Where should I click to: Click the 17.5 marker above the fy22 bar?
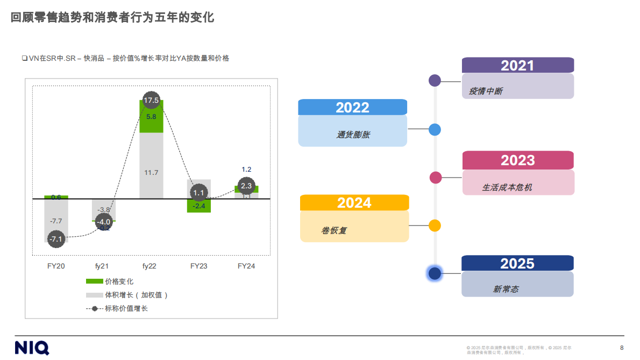(x=152, y=101)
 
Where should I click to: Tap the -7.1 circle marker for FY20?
(x=56, y=238)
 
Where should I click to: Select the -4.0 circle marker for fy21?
(x=103, y=222)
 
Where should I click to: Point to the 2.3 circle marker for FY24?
(x=246, y=186)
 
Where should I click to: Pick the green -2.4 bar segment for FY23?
(x=199, y=206)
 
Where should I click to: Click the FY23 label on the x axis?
(x=199, y=266)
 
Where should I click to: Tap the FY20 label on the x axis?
(x=56, y=266)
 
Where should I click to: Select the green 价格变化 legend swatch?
(x=94, y=281)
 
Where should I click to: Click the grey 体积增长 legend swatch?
(x=94, y=295)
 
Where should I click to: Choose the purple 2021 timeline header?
(x=517, y=65)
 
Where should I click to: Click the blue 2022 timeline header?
(x=352, y=107)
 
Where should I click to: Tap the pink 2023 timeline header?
(x=518, y=160)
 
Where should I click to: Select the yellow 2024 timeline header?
(x=354, y=202)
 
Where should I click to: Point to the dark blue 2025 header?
(x=517, y=263)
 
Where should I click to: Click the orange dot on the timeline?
(x=435, y=225)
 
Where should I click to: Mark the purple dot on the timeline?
(x=435, y=81)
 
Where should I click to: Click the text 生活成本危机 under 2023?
(x=507, y=187)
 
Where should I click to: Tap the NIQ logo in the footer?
(x=32, y=347)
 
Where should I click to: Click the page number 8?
(x=622, y=347)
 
